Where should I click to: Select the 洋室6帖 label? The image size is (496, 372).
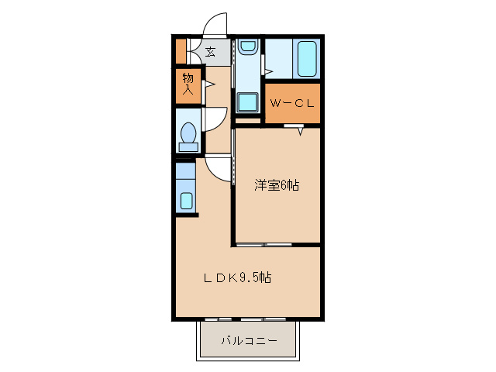[277, 185]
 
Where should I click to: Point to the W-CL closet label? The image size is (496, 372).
[291, 103]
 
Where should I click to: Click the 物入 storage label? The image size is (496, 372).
[188, 84]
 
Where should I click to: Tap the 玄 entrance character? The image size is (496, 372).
[211, 53]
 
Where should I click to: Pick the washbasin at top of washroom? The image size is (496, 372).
[248, 49]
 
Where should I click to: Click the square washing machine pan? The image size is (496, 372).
[249, 102]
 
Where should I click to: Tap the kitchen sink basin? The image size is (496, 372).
[186, 201]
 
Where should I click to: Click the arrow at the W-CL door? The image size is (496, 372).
[299, 131]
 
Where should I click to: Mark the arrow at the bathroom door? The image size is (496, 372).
[268, 72]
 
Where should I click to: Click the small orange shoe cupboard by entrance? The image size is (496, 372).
[180, 51]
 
